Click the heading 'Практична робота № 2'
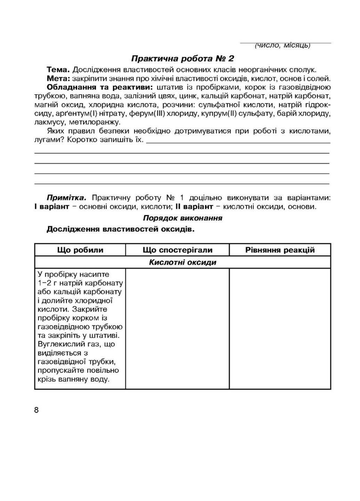tap(183, 58)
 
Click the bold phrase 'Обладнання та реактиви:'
tap(100, 87)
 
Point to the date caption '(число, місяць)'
tap(282, 45)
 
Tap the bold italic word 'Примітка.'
tap(66, 198)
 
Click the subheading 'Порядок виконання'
tap(183, 218)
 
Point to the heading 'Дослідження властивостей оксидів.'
tap(120, 229)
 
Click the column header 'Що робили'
tap(80, 250)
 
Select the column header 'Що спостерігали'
tap(177, 250)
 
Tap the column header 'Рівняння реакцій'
tap(280, 250)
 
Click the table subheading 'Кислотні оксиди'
tap(183, 262)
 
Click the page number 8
tap(37, 410)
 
